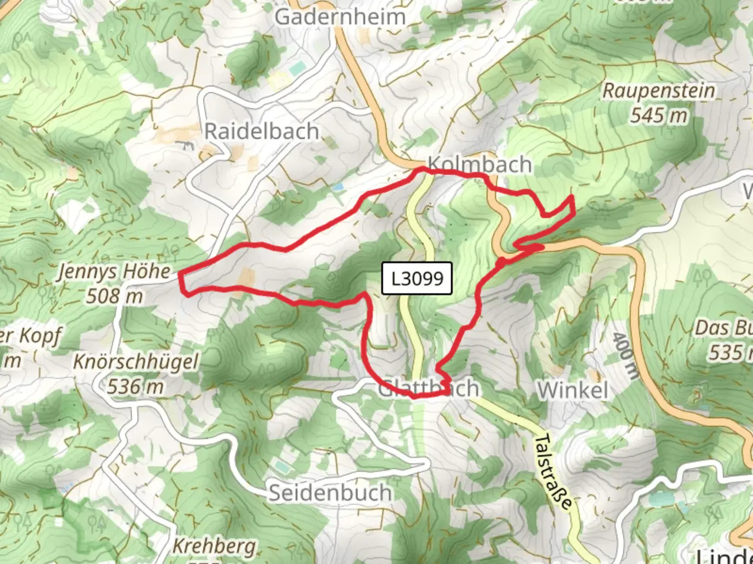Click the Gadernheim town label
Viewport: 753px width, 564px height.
340,17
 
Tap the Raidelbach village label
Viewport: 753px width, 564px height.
261,131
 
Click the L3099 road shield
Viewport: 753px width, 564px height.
417,278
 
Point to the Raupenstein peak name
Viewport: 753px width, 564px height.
658,90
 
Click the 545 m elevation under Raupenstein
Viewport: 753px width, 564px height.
658,115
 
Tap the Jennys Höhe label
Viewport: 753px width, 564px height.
114,272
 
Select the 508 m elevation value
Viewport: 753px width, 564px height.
115,296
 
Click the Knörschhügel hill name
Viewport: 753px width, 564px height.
136,362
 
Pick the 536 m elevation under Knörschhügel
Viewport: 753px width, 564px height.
135,386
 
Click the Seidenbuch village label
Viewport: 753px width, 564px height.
330,492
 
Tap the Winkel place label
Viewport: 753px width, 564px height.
573,390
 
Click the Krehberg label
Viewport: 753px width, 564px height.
214,546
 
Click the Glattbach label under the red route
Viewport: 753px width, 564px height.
428,389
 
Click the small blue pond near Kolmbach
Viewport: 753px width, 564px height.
338,186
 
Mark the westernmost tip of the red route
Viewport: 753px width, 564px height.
180,273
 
